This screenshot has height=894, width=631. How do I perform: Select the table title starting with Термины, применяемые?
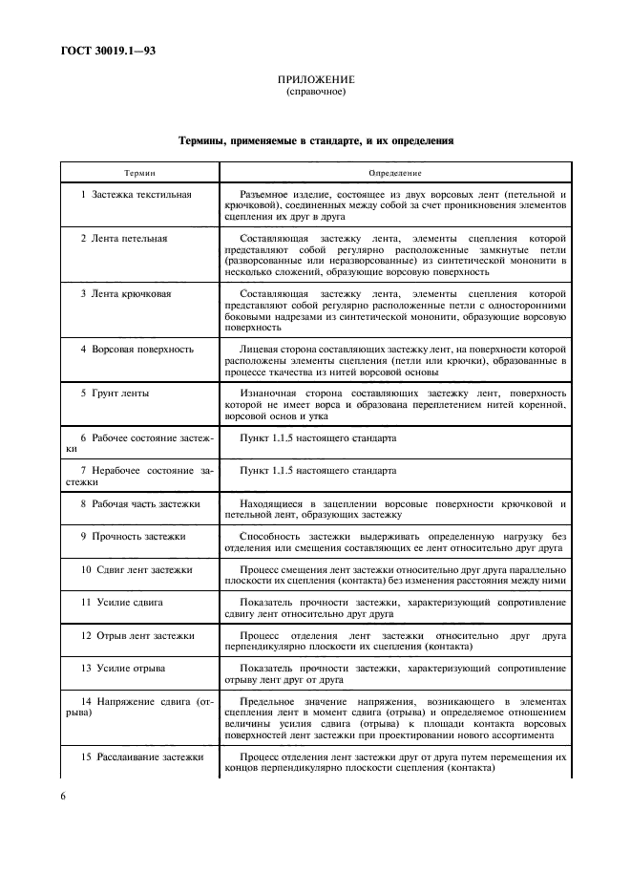click(x=315, y=140)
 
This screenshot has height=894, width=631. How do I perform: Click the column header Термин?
click(x=139, y=173)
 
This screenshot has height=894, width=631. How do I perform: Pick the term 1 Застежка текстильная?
click(x=137, y=194)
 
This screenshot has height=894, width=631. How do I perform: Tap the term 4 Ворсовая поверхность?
click(x=137, y=349)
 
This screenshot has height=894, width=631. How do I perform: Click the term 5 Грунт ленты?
click(x=115, y=393)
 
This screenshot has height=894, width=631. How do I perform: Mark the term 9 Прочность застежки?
click(x=133, y=536)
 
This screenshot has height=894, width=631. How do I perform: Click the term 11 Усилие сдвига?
click(x=120, y=602)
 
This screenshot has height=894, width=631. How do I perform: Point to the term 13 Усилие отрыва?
click(x=121, y=668)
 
